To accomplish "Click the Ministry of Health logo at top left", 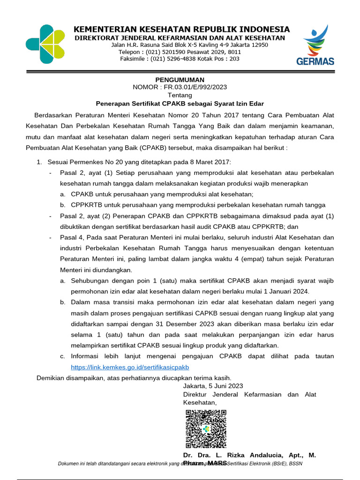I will click(45, 44).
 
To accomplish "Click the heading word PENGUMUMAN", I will click(180, 80).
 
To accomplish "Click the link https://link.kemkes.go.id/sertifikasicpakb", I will click(130, 367).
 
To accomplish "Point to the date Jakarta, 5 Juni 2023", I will click(213, 386).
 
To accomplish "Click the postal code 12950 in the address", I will click(258, 45).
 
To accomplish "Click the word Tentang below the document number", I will click(180, 95).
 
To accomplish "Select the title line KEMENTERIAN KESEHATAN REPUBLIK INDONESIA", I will click(182, 29).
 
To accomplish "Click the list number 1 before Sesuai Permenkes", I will click(39, 162).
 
